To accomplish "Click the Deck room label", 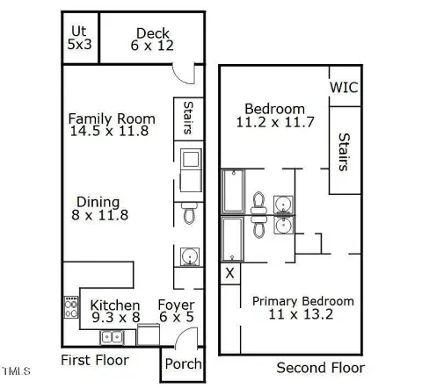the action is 153,33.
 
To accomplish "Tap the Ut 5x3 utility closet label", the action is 79,38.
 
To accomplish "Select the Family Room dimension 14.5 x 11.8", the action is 109,131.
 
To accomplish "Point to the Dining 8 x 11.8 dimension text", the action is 99,215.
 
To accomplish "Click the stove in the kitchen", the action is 71,307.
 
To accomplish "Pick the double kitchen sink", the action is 112,337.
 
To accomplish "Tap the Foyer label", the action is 176,305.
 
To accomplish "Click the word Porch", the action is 183,364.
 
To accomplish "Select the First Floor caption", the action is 95,360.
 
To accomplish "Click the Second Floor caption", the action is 321,368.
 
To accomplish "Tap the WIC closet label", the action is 344,88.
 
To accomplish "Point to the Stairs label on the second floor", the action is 345,152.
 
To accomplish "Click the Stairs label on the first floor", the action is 188,118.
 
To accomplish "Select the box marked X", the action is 230,274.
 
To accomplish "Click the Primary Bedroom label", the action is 303,301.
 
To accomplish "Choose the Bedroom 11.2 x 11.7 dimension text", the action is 275,122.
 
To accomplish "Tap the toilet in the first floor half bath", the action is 189,213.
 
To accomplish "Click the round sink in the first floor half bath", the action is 190,256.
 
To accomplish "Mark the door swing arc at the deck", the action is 179,78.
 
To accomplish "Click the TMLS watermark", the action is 16,371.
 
